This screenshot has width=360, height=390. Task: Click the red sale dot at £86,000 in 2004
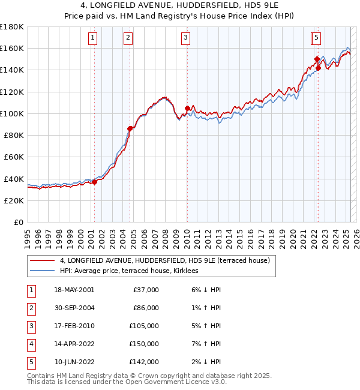point(130,128)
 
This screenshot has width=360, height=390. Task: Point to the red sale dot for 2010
point(187,108)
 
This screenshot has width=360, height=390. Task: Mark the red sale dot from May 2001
point(94,182)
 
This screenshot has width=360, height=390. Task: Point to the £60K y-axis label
point(14,157)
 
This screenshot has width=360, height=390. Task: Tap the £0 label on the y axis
point(19,222)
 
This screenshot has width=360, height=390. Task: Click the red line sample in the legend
point(43,260)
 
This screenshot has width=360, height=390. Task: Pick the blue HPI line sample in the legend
point(43,271)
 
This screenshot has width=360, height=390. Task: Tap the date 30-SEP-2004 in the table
point(74,308)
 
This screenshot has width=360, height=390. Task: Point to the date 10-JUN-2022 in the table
point(74,362)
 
